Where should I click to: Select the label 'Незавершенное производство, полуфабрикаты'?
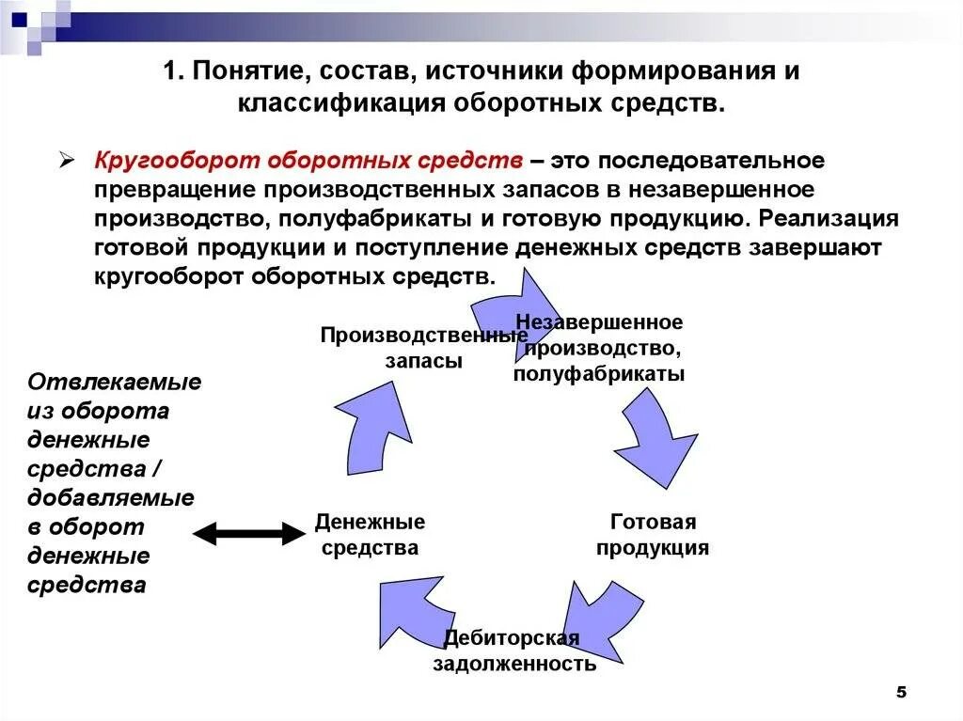coord(599,348)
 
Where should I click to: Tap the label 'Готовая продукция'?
coord(653,535)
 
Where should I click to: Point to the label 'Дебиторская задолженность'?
coord(513,651)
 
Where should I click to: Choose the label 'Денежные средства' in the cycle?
coord(370,535)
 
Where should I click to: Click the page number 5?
coord(900,692)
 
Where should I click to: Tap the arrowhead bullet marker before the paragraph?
coord(67,160)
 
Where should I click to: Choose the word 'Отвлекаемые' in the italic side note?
coord(115,383)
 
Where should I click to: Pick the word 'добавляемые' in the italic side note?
coord(111,498)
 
